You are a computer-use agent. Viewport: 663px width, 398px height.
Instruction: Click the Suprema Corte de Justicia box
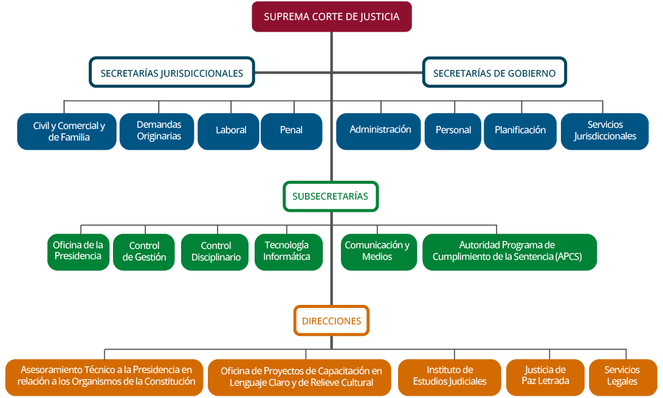pyautogui.click(x=331, y=16)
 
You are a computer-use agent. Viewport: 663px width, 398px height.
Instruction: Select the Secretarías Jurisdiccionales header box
pyautogui.click(x=172, y=73)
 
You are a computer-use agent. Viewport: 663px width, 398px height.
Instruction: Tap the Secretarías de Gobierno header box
pyautogui.click(x=494, y=73)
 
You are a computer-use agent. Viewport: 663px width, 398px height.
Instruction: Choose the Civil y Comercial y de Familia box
pyautogui.click(x=66, y=131)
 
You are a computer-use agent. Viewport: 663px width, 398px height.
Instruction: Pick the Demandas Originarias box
pyautogui.click(x=159, y=131)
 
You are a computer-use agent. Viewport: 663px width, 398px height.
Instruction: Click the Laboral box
pyautogui.click(x=228, y=131)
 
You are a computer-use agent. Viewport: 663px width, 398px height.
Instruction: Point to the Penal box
pyautogui.click(x=291, y=131)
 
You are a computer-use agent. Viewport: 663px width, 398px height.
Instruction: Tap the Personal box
pyautogui.click(x=453, y=131)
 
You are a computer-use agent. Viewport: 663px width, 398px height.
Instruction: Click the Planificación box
pyautogui.click(x=520, y=131)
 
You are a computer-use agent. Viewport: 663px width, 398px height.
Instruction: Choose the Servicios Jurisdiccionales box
pyautogui.click(x=605, y=131)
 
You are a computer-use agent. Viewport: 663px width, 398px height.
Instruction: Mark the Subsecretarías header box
pyautogui.click(x=331, y=197)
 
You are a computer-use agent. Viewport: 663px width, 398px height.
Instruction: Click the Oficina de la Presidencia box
pyautogui.click(x=78, y=251)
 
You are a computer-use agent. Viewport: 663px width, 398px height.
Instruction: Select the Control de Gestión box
pyautogui.click(x=144, y=251)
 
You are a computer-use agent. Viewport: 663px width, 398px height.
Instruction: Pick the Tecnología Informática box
pyautogui.click(x=289, y=251)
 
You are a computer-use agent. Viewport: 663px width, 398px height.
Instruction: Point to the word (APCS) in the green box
pyautogui.click(x=568, y=257)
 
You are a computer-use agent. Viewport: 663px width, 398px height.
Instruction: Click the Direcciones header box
pyautogui.click(x=331, y=321)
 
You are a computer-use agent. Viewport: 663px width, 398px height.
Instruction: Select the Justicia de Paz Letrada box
pyautogui.click(x=545, y=376)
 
